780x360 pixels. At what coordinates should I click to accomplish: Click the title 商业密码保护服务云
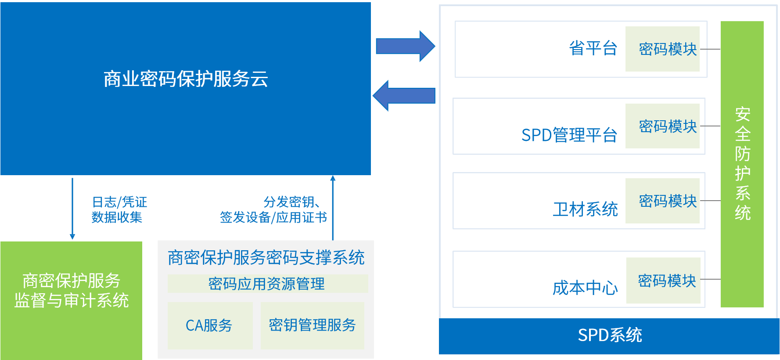click(186, 79)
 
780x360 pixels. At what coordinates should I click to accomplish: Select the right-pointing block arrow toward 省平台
click(405, 46)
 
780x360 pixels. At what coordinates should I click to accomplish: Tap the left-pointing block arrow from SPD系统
click(404, 96)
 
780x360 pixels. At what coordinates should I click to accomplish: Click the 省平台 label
click(593, 48)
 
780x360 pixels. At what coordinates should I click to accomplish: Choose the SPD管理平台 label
click(569, 135)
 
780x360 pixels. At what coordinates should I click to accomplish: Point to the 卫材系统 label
click(585, 209)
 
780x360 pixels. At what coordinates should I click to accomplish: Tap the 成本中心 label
click(585, 288)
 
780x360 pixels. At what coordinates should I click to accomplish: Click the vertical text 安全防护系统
click(742, 163)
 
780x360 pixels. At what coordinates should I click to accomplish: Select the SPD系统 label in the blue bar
click(610, 335)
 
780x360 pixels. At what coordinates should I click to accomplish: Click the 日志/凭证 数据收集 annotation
click(119, 209)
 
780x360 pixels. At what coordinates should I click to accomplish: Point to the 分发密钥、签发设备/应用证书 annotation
click(274, 209)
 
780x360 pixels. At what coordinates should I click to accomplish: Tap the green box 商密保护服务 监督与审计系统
click(71, 291)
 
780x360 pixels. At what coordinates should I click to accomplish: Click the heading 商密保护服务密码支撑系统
click(266, 258)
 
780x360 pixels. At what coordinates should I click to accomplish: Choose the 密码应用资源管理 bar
click(267, 284)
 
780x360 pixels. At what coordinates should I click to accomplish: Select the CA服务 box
click(209, 325)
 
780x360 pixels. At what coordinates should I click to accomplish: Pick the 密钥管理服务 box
click(312, 325)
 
